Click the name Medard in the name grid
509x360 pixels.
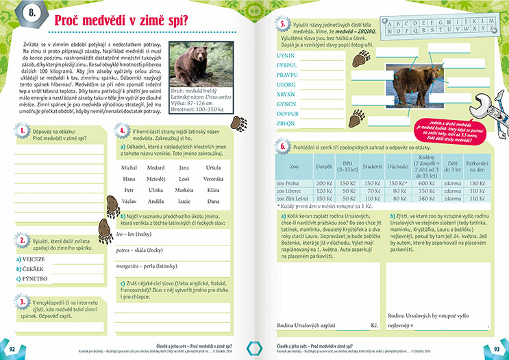click(x=156, y=167)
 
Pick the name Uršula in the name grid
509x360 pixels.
click(x=213, y=167)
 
